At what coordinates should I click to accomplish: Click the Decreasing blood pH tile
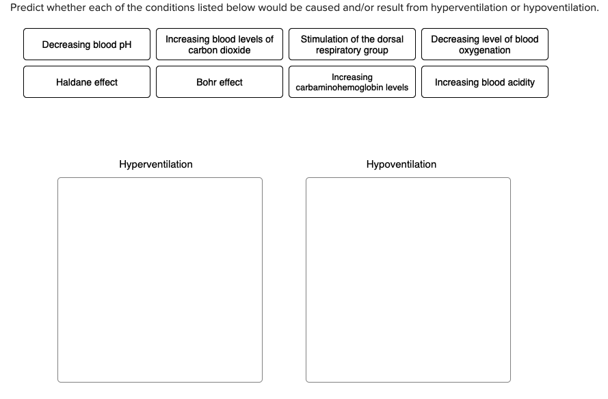[87, 44]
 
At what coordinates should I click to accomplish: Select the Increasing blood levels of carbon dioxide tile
[219, 44]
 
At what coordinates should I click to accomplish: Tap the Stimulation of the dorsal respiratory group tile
[352, 44]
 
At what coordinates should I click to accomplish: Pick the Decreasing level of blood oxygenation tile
[484, 44]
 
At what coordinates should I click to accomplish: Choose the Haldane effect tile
[87, 82]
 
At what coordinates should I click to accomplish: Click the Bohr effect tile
[219, 82]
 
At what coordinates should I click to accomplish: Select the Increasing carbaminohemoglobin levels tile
[352, 82]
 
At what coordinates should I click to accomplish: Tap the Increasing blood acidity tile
[484, 82]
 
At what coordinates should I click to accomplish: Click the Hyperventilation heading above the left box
[156, 164]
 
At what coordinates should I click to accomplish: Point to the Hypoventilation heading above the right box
[401, 164]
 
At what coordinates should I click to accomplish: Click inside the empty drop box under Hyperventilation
[159, 279]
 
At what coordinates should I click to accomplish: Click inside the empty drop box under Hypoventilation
[408, 279]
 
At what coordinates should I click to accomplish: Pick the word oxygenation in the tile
[484, 51]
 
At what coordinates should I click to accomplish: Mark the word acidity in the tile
[520, 82]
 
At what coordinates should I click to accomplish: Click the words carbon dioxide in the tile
[219, 51]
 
